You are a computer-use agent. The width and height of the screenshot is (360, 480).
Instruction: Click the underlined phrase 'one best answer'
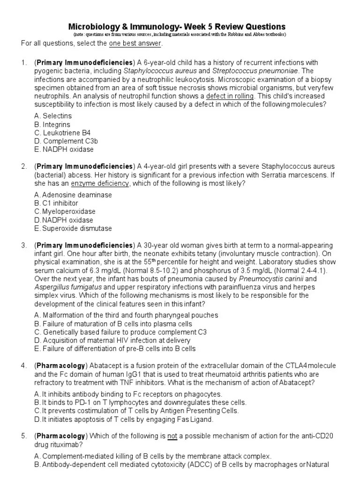tap(135, 44)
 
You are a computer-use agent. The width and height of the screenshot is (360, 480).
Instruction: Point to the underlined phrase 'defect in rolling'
tap(230, 96)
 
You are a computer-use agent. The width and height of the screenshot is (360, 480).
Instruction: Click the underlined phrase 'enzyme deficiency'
tap(100, 183)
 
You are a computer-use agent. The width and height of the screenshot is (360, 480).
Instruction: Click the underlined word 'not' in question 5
tap(172, 436)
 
